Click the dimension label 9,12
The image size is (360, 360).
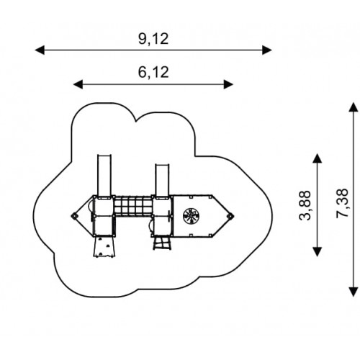[153, 39]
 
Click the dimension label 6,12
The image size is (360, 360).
[153, 72]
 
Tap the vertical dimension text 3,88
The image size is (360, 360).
[305, 205]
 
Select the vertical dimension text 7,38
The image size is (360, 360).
[342, 203]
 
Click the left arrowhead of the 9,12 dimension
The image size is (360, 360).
[40, 50]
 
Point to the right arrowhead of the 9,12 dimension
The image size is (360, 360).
[267, 50]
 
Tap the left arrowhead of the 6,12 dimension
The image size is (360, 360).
[78, 84]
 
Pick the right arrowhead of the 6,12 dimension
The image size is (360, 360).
[228, 84]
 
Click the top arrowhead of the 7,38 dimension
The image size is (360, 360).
[354, 107]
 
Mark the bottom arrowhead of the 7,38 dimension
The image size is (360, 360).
[354, 292]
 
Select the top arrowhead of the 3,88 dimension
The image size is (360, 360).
[318, 158]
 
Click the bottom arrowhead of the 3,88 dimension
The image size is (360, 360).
[318, 251]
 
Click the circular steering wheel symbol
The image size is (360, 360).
[191, 216]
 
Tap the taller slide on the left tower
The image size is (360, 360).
[104, 175]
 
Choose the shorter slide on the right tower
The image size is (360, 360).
[162, 180]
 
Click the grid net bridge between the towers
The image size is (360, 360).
[133, 205]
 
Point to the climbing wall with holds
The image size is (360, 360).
[104, 247]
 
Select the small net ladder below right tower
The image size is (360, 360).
[162, 243]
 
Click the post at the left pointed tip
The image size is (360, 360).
[74, 216]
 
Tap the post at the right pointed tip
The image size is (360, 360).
[231, 216]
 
